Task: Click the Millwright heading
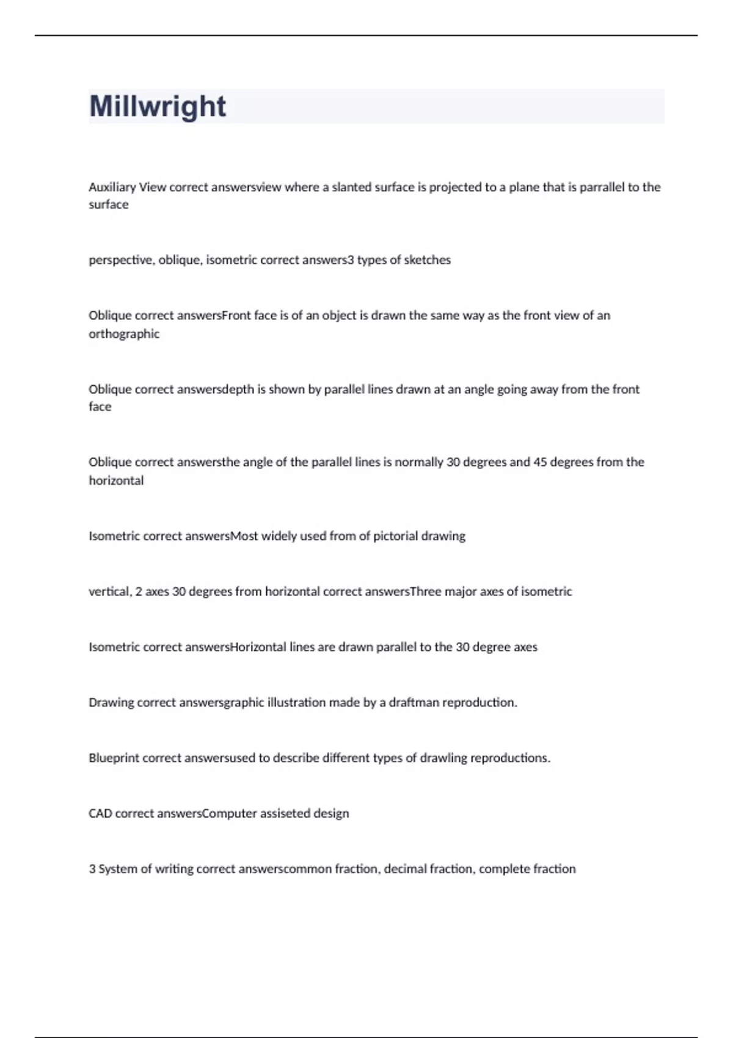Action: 158,106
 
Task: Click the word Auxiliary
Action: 112,187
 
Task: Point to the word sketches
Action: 427,260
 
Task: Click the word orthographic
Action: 124,334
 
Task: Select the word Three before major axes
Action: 425,592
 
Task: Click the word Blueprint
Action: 114,758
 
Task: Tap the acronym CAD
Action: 100,814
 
